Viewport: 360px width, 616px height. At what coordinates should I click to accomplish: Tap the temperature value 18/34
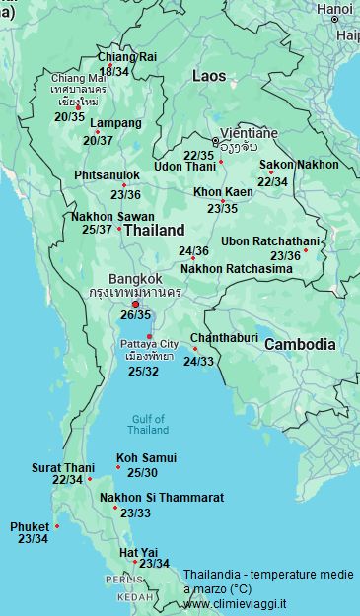coord(113,71)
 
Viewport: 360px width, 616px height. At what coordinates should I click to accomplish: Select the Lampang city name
coord(115,124)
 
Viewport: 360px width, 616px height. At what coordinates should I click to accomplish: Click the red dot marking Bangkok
coord(136,304)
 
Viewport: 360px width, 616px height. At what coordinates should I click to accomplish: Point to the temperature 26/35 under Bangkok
coord(136,315)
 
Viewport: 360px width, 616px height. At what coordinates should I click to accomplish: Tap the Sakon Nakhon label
coord(299,165)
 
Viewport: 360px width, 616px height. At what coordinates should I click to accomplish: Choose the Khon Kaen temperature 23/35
coord(222,208)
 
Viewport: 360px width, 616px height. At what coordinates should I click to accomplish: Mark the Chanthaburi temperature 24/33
coord(198,362)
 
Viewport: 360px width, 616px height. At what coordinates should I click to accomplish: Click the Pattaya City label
coord(149,343)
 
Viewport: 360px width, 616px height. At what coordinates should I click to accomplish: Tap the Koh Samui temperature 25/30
coord(142,473)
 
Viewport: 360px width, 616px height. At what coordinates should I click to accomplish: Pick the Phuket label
coord(30,527)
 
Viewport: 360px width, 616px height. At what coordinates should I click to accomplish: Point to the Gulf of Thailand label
coord(148,425)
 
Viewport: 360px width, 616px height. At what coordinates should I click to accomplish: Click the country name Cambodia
coord(301,345)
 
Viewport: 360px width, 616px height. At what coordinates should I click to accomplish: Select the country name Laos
coord(208,76)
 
